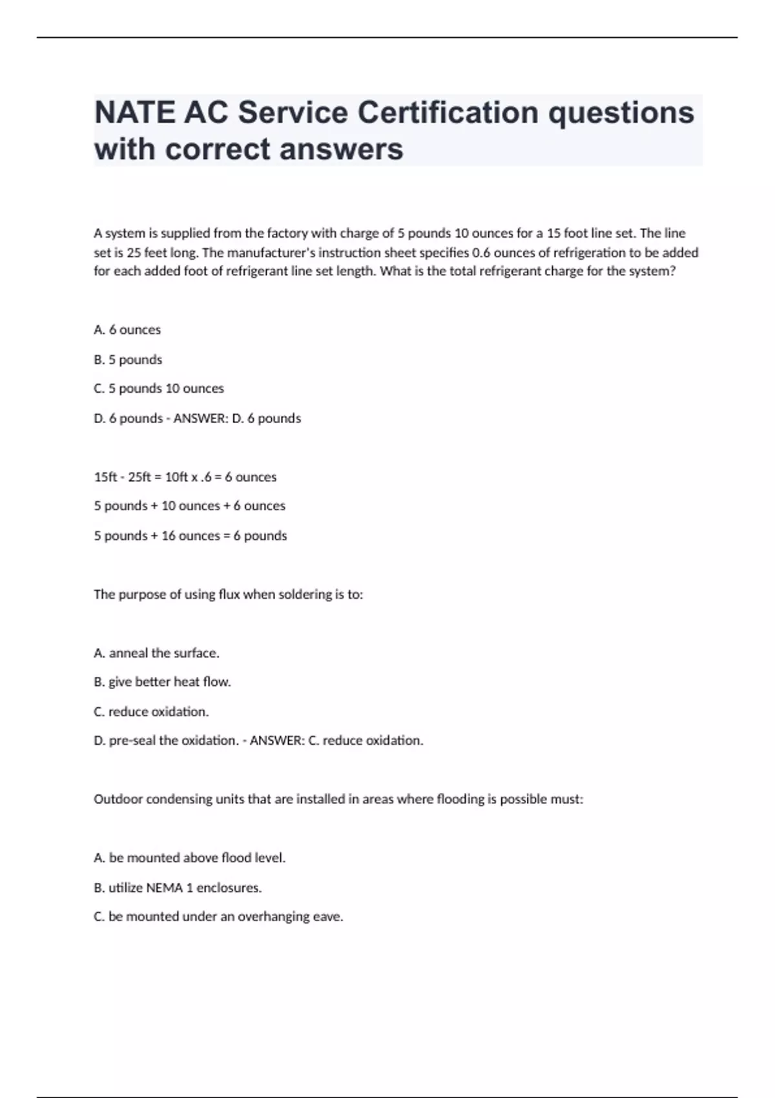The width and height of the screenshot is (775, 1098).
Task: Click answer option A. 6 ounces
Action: click(x=127, y=329)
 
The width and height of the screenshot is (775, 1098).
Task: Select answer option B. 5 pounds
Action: click(x=128, y=360)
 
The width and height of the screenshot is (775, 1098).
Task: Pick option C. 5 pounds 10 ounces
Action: click(x=159, y=389)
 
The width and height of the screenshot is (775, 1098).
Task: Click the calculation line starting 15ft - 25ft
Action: click(x=185, y=477)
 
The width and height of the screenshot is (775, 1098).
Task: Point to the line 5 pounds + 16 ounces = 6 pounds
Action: click(x=191, y=535)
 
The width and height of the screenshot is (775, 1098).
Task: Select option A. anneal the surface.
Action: click(x=156, y=653)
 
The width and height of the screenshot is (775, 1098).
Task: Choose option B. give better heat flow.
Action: click(x=162, y=682)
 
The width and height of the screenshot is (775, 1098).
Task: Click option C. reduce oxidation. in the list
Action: click(x=151, y=712)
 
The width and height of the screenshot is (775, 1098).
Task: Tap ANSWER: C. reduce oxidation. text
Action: click(x=336, y=741)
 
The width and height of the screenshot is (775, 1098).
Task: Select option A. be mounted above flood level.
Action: click(x=189, y=858)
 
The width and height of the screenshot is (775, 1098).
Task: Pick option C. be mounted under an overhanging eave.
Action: click(x=218, y=917)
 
